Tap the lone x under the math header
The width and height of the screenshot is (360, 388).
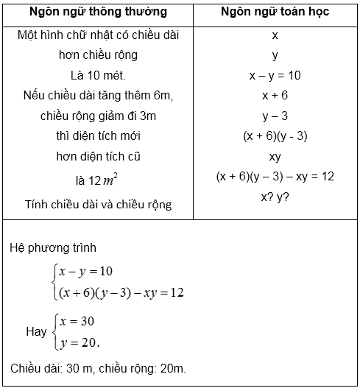[275, 35]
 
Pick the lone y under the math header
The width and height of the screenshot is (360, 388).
[275, 54]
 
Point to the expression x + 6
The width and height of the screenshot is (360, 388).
[275, 96]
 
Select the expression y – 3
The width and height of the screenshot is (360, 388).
[275, 116]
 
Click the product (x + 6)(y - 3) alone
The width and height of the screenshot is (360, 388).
[275, 136]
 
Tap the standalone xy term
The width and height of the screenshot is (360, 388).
[275, 157]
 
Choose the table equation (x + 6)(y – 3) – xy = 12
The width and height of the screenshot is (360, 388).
[275, 177]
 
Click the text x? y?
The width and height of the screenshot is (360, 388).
[275, 197]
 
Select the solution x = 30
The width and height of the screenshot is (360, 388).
[78, 322]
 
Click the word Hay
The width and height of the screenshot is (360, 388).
[36, 332]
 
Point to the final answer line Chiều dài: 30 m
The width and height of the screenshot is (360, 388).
[52, 367]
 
